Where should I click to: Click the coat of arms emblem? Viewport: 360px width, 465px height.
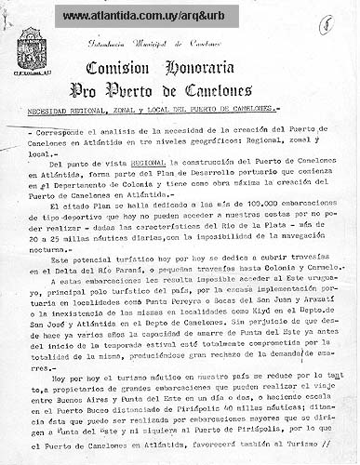tap(33, 47)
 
